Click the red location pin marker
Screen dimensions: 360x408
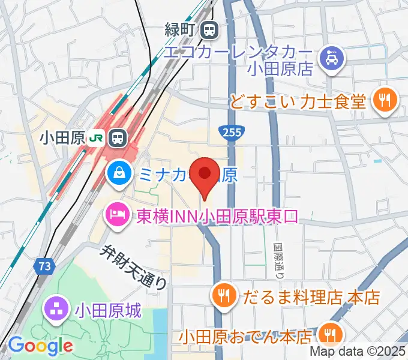205,175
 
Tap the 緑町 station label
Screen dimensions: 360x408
182,28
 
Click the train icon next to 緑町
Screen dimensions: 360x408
209,28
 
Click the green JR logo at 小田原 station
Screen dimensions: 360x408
95,138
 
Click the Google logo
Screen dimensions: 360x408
40,345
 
